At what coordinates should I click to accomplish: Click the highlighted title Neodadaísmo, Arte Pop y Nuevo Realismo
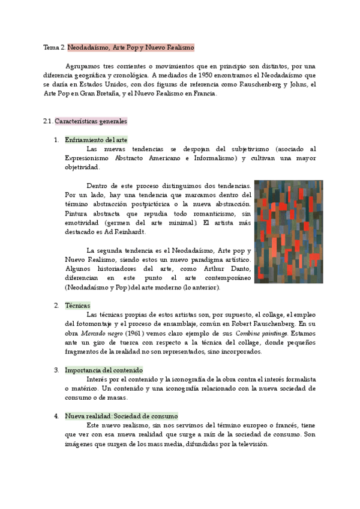tap(130, 47)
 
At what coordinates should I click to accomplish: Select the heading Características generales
tap(90, 121)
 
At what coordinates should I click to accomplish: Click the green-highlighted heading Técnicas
tap(78, 306)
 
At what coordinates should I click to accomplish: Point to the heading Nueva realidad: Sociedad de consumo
tap(121, 416)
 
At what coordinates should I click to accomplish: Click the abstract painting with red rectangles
tap(288, 231)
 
